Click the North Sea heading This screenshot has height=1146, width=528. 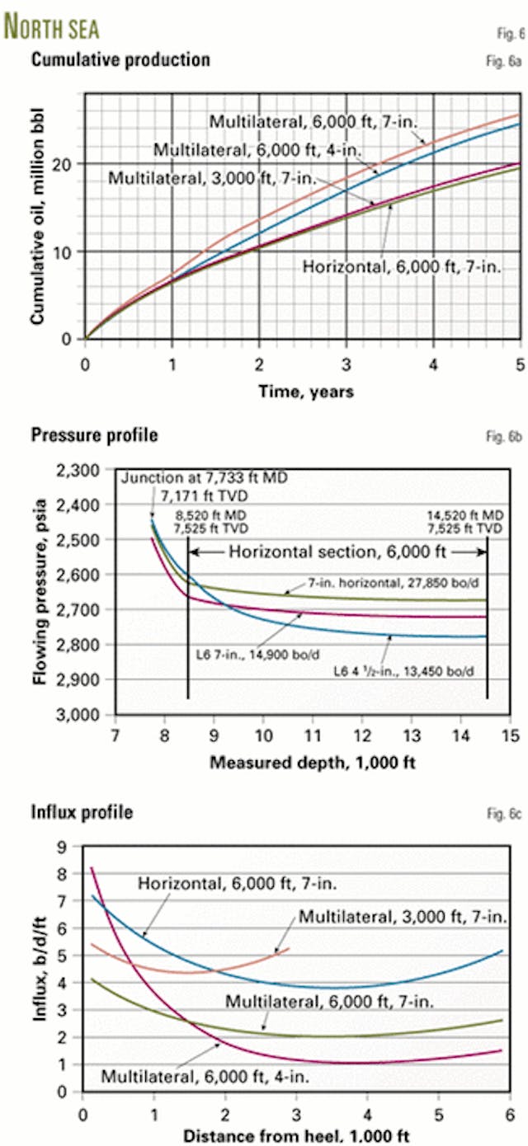[52, 27]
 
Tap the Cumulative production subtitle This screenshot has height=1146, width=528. [120, 59]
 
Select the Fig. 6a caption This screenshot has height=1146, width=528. [506, 61]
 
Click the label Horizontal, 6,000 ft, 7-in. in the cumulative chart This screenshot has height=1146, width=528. [403, 266]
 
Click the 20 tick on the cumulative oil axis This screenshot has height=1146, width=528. [69, 163]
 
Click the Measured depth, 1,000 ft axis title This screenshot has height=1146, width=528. [313, 761]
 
